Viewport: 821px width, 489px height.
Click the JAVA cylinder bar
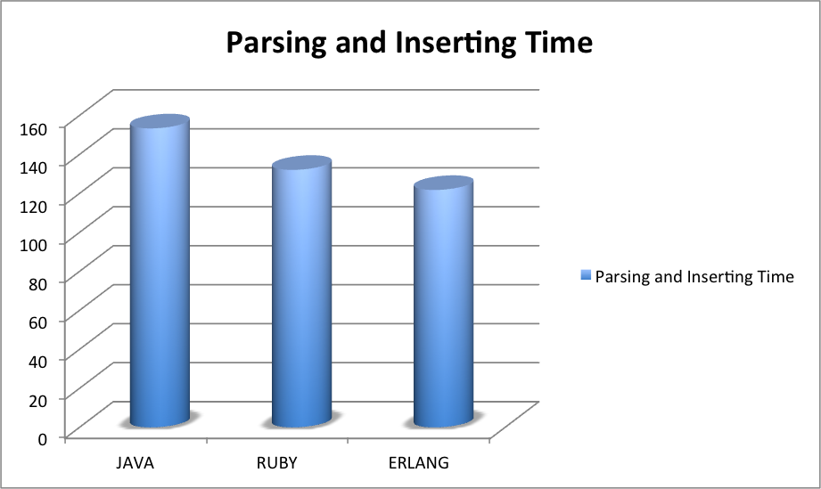[160, 271]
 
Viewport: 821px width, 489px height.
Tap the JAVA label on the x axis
[135, 463]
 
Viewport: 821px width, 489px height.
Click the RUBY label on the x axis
[277, 463]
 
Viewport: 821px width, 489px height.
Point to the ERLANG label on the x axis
[419, 463]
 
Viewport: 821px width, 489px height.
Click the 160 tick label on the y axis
[33, 128]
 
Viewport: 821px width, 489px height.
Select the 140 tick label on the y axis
[33, 167]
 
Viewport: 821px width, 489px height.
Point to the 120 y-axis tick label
[33, 206]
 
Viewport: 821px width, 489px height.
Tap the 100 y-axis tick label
[33, 245]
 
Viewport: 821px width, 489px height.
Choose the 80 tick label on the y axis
[37, 283]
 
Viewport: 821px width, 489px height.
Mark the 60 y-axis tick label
[37, 322]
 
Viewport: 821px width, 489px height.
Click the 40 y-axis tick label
[37, 361]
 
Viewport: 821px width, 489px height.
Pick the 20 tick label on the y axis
[37, 400]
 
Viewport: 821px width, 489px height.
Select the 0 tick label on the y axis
[43, 439]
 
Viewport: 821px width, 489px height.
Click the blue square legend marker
[586, 275]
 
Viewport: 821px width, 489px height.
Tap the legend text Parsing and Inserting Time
[694, 277]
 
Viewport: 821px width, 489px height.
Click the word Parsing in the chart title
[277, 44]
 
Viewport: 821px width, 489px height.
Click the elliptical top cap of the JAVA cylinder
[160, 122]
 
